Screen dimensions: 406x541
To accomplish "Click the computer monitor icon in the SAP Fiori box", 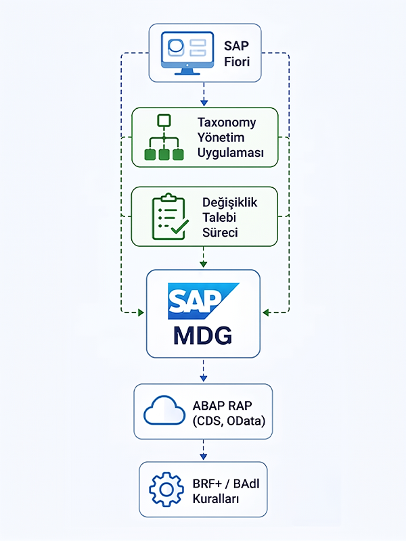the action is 187,53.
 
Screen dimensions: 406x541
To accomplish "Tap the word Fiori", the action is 237,62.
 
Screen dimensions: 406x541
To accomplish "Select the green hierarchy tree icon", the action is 164,137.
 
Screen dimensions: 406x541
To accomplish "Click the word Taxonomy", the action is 227,122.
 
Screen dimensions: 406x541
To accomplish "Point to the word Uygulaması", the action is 230,153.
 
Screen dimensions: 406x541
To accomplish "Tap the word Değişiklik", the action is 229,202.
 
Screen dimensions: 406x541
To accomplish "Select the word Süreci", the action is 220,232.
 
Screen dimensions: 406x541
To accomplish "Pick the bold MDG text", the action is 202,335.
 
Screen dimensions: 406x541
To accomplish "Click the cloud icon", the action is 164,410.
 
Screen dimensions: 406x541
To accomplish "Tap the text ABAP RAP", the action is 223,405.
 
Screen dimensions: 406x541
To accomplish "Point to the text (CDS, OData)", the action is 229,421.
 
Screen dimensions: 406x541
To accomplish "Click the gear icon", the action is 166,489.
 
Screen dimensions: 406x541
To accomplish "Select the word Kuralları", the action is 216,498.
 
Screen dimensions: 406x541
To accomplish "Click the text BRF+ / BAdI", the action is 226,484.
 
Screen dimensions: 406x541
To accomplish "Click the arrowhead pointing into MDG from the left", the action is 141,312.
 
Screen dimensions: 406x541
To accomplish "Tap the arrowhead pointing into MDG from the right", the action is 266,312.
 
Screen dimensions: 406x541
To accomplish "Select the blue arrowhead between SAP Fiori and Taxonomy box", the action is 204,103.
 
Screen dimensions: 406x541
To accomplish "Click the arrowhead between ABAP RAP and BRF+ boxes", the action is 204,456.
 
